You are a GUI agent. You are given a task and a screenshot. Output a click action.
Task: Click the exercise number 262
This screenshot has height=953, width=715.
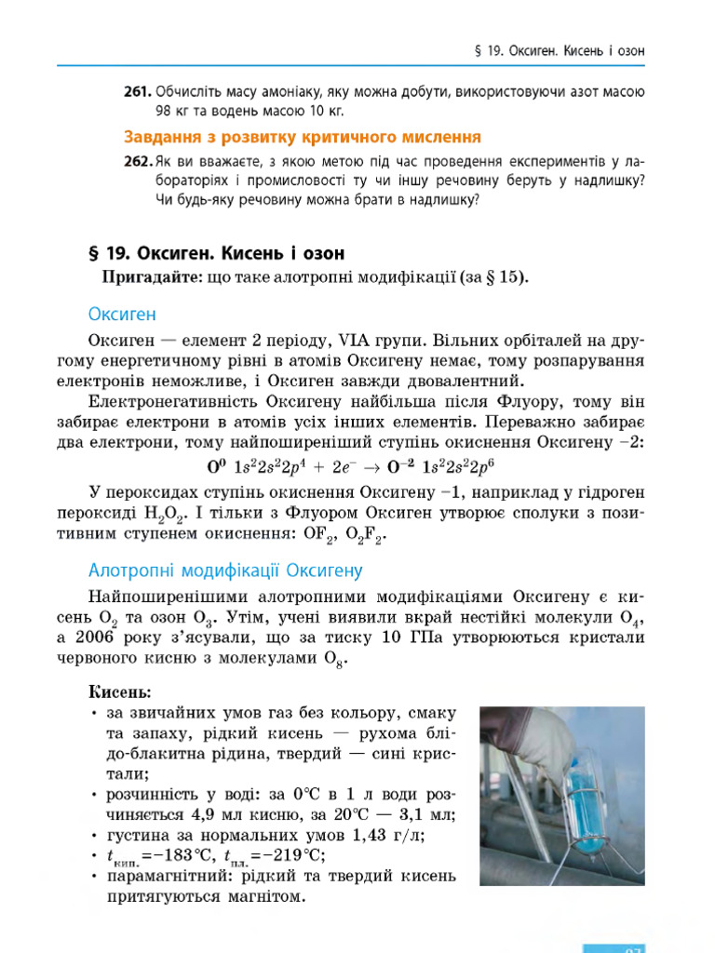[138, 161]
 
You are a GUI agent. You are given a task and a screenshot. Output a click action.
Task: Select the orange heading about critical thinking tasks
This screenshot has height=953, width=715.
[303, 137]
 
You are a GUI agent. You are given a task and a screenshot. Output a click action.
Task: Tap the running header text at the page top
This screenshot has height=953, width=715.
[560, 48]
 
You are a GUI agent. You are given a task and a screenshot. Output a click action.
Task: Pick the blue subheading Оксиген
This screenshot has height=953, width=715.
[122, 314]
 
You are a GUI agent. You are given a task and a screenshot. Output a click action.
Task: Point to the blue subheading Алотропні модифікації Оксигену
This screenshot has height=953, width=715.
[225, 570]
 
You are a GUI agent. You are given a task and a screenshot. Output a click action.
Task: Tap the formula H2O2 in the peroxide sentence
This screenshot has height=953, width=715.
[168, 513]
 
